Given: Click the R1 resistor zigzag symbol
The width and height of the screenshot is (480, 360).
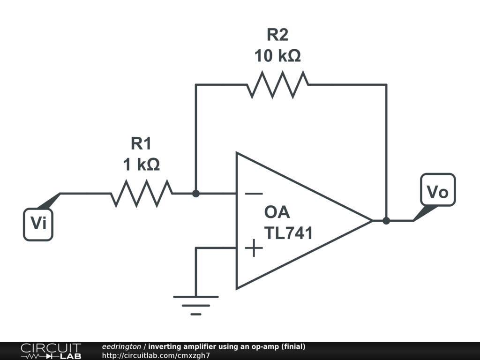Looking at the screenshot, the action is [x=142, y=194].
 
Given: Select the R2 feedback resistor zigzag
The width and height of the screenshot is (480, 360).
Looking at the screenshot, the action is [x=277, y=84].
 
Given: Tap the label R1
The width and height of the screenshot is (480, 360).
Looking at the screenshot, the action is [x=141, y=143].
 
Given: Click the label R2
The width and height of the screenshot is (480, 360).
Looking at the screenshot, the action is [x=277, y=34].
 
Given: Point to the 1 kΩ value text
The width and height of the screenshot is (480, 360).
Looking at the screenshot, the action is [x=142, y=165].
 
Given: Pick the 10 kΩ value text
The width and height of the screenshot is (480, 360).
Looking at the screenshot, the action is [x=277, y=56].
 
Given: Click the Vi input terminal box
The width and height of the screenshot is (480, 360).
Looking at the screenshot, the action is [x=38, y=225].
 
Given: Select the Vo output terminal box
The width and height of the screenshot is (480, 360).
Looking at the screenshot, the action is [x=438, y=190].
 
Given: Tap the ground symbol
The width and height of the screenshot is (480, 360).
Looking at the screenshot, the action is [x=196, y=305].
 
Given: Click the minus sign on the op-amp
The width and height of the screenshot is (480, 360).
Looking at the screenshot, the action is [x=254, y=194].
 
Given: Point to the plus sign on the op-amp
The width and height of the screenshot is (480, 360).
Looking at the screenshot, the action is [x=254, y=248].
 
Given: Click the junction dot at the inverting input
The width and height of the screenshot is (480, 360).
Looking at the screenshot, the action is [x=196, y=194].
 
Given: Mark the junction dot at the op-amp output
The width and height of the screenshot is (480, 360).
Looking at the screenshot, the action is [x=386, y=220].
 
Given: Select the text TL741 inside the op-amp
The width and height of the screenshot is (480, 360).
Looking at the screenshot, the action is [x=288, y=233].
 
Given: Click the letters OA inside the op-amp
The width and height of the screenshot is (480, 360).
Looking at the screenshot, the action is [x=277, y=212].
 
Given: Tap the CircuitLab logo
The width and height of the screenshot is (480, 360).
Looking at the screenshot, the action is [x=51, y=351].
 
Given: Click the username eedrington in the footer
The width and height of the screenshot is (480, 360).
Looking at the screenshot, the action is [x=121, y=346].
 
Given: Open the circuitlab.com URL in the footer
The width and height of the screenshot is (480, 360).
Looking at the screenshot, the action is [x=156, y=355].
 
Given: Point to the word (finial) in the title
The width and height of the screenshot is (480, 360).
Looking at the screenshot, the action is [x=293, y=346].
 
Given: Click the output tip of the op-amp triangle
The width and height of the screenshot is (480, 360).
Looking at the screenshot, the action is [x=372, y=220].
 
